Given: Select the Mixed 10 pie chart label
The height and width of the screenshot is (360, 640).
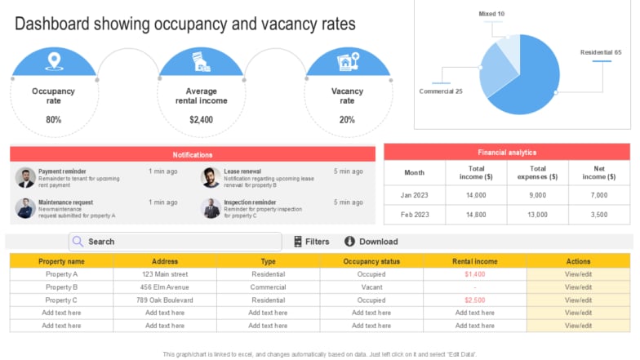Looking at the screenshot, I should click(491, 14).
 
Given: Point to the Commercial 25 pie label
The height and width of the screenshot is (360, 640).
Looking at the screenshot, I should click(441, 91).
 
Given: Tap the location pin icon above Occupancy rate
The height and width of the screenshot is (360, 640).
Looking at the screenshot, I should click(54, 61).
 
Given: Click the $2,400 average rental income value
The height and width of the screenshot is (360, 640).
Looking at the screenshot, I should click(201, 120).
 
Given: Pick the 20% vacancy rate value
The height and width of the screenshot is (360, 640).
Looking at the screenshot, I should click(347, 120).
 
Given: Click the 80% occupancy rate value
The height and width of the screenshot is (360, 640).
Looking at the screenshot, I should click(54, 120).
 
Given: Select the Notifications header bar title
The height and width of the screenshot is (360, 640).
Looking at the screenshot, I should click(193, 154).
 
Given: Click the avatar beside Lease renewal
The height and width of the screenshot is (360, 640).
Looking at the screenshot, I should click(211, 177).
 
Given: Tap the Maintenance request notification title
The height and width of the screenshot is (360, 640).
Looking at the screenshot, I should click(65, 202).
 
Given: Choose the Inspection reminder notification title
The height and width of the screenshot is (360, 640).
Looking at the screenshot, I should click(250, 202).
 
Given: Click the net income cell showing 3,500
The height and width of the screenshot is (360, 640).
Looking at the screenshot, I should click(598, 215).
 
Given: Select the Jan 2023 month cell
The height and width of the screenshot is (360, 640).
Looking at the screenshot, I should click(415, 195).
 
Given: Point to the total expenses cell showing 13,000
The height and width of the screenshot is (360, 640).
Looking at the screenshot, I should click(537, 215).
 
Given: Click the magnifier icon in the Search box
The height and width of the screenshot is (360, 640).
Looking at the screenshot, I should click(78, 242).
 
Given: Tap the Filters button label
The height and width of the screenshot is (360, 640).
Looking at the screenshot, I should click(317, 242).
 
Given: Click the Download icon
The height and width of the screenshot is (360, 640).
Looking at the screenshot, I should click(349, 242).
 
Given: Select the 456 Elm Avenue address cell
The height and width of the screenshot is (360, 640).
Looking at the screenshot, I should click(165, 287).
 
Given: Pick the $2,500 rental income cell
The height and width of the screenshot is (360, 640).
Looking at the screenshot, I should click(474, 300).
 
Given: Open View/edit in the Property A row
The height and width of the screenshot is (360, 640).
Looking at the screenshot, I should click(578, 274).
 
